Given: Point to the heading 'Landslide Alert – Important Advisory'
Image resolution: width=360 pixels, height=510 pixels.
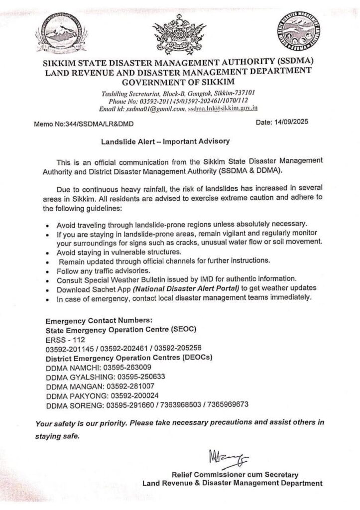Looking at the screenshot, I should [165, 141].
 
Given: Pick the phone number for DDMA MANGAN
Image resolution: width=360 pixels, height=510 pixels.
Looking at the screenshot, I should [128, 385].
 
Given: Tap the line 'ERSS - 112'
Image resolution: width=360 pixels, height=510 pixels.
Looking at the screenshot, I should [61, 339].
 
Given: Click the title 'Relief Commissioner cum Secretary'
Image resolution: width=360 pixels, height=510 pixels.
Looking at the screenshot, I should [235, 474].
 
